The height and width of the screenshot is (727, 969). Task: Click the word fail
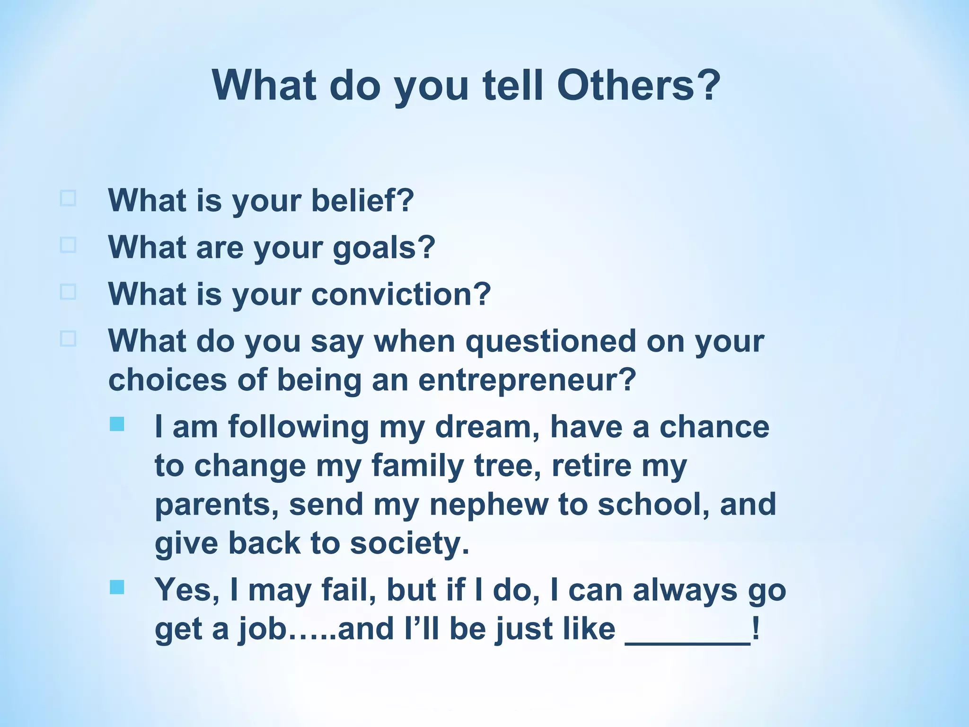coord(348,590)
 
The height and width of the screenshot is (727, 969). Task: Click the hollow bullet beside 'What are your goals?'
coord(68,245)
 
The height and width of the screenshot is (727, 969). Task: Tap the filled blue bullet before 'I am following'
coord(117,424)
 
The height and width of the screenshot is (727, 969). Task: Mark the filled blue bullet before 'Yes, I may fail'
coord(117,587)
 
